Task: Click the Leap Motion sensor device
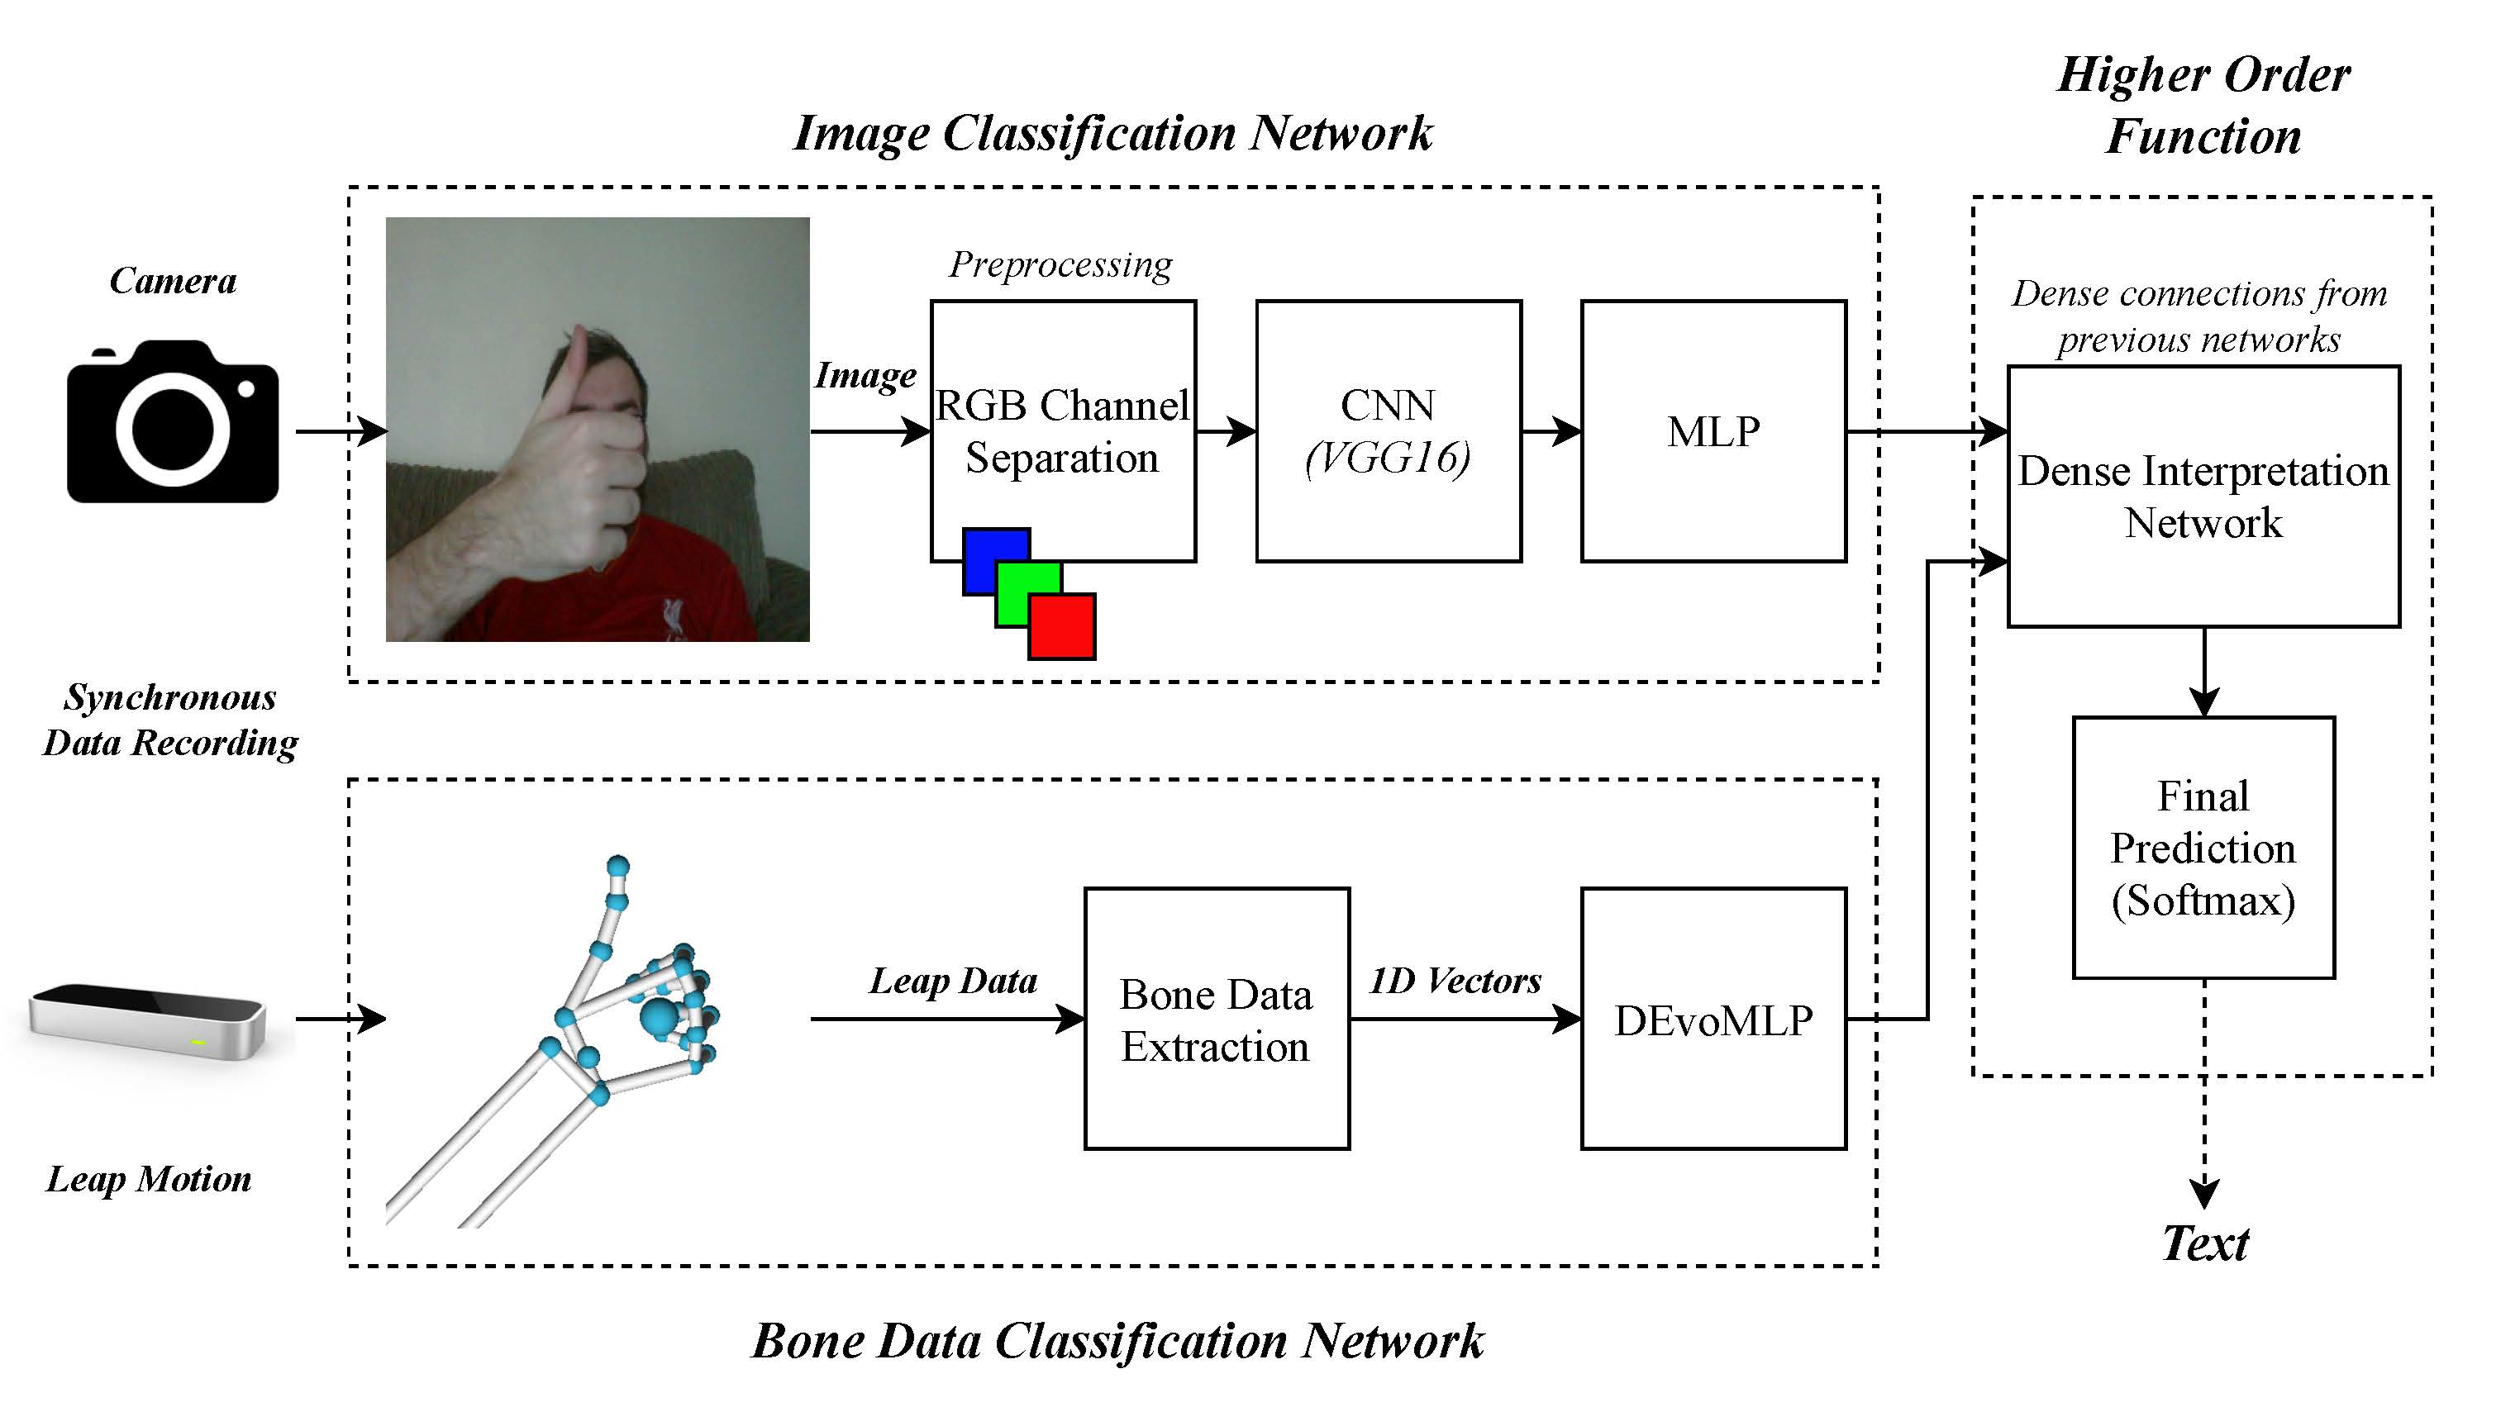click(147, 1022)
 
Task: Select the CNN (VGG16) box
click(1389, 431)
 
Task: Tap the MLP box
click(1713, 431)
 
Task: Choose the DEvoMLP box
click(1713, 1019)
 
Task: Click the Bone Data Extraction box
click(1216, 1019)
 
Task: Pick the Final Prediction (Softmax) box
click(2203, 848)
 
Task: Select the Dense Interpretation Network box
click(2203, 497)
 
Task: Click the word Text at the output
click(2205, 1243)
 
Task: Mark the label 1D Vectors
click(1455, 981)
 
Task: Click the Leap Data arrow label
click(953, 981)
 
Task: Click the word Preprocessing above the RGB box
click(1060, 264)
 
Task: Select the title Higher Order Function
click(2203, 105)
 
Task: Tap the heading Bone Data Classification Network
click(1117, 1341)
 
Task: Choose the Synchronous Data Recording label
click(170, 720)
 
